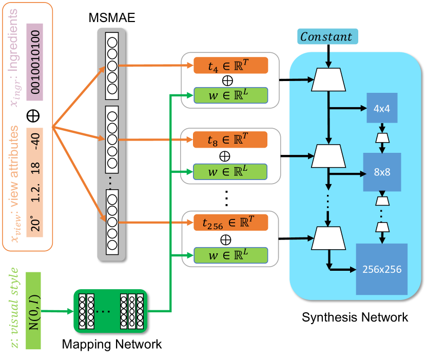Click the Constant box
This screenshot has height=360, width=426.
click(326, 37)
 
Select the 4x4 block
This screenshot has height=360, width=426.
click(382, 108)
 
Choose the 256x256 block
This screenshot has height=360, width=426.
click(381, 268)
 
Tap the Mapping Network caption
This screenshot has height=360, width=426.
click(111, 344)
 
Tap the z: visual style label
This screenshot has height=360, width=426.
click(14, 308)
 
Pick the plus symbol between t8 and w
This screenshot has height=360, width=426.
click(224, 155)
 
